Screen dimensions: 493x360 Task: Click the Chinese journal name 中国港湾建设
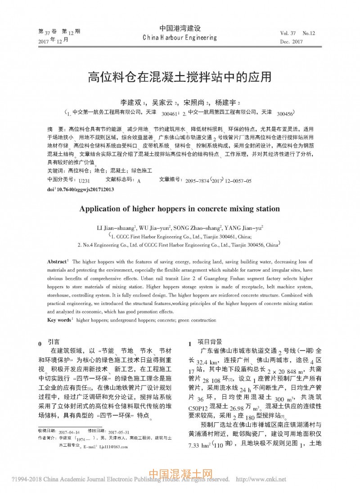180,28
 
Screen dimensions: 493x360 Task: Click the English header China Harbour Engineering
180,38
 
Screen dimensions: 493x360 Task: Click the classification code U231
84,181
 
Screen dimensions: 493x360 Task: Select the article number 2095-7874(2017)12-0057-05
218,181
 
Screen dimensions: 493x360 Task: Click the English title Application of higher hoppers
180,209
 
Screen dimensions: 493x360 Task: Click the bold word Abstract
57,261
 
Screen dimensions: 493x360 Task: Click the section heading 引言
53,342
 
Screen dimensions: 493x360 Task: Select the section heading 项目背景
210,342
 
